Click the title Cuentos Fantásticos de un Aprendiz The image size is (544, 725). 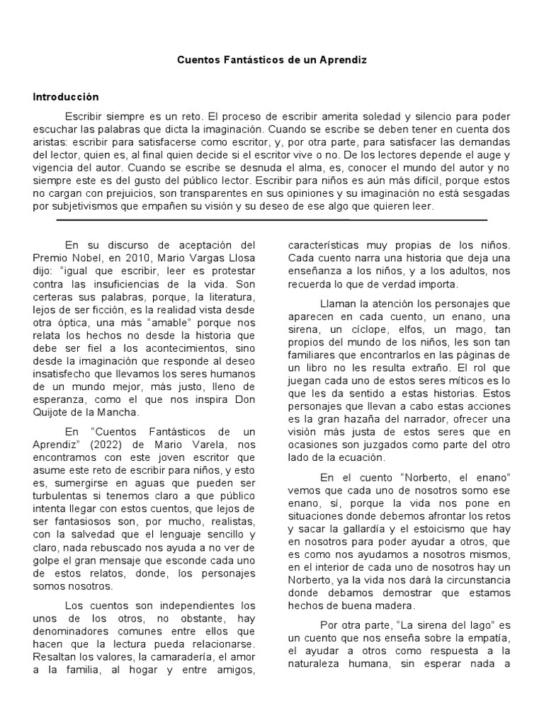[272, 62]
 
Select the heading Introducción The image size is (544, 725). [65, 97]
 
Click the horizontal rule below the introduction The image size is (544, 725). [272, 220]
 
